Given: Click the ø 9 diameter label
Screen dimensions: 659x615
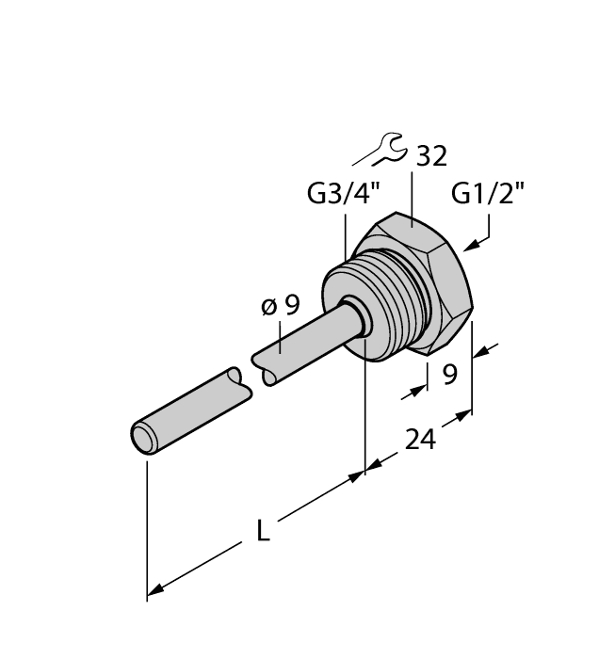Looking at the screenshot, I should click(x=280, y=305).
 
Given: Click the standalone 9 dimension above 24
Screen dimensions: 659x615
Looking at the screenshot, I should click(x=449, y=375).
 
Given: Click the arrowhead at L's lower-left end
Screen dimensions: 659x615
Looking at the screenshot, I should click(x=156, y=590).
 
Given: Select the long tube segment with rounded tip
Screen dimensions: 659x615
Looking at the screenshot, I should click(x=188, y=410).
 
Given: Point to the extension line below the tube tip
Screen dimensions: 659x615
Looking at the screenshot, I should click(x=147, y=527).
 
